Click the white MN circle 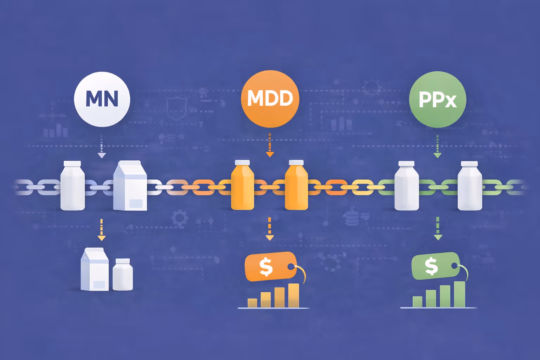102,99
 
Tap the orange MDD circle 270,98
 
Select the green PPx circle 437,99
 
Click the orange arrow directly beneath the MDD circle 270,145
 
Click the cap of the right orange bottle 296,162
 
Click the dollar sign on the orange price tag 266,267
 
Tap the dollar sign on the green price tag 431,266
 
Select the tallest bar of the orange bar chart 294,295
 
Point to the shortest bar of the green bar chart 417,302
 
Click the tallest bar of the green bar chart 459,294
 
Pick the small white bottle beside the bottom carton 123,275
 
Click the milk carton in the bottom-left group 95,270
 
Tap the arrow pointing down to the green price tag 438,229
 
